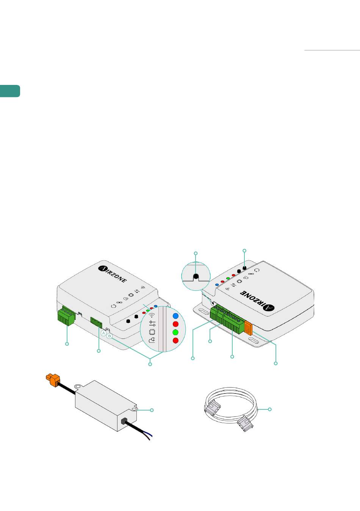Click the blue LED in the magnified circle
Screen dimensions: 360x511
coord(175,316)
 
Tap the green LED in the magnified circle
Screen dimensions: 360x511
coord(175,332)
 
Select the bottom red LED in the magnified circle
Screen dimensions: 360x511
coord(175,340)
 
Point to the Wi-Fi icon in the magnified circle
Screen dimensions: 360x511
coord(152,315)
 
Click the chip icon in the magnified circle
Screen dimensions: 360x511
coord(152,332)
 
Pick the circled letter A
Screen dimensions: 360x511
coord(104,333)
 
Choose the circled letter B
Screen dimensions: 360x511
coord(110,336)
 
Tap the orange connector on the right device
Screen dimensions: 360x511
coord(248,328)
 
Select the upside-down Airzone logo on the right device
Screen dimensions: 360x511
coord(257,301)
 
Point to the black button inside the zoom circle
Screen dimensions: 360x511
coord(196,277)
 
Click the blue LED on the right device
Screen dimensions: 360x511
coord(217,285)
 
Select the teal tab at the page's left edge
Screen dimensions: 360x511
coord(10,91)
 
